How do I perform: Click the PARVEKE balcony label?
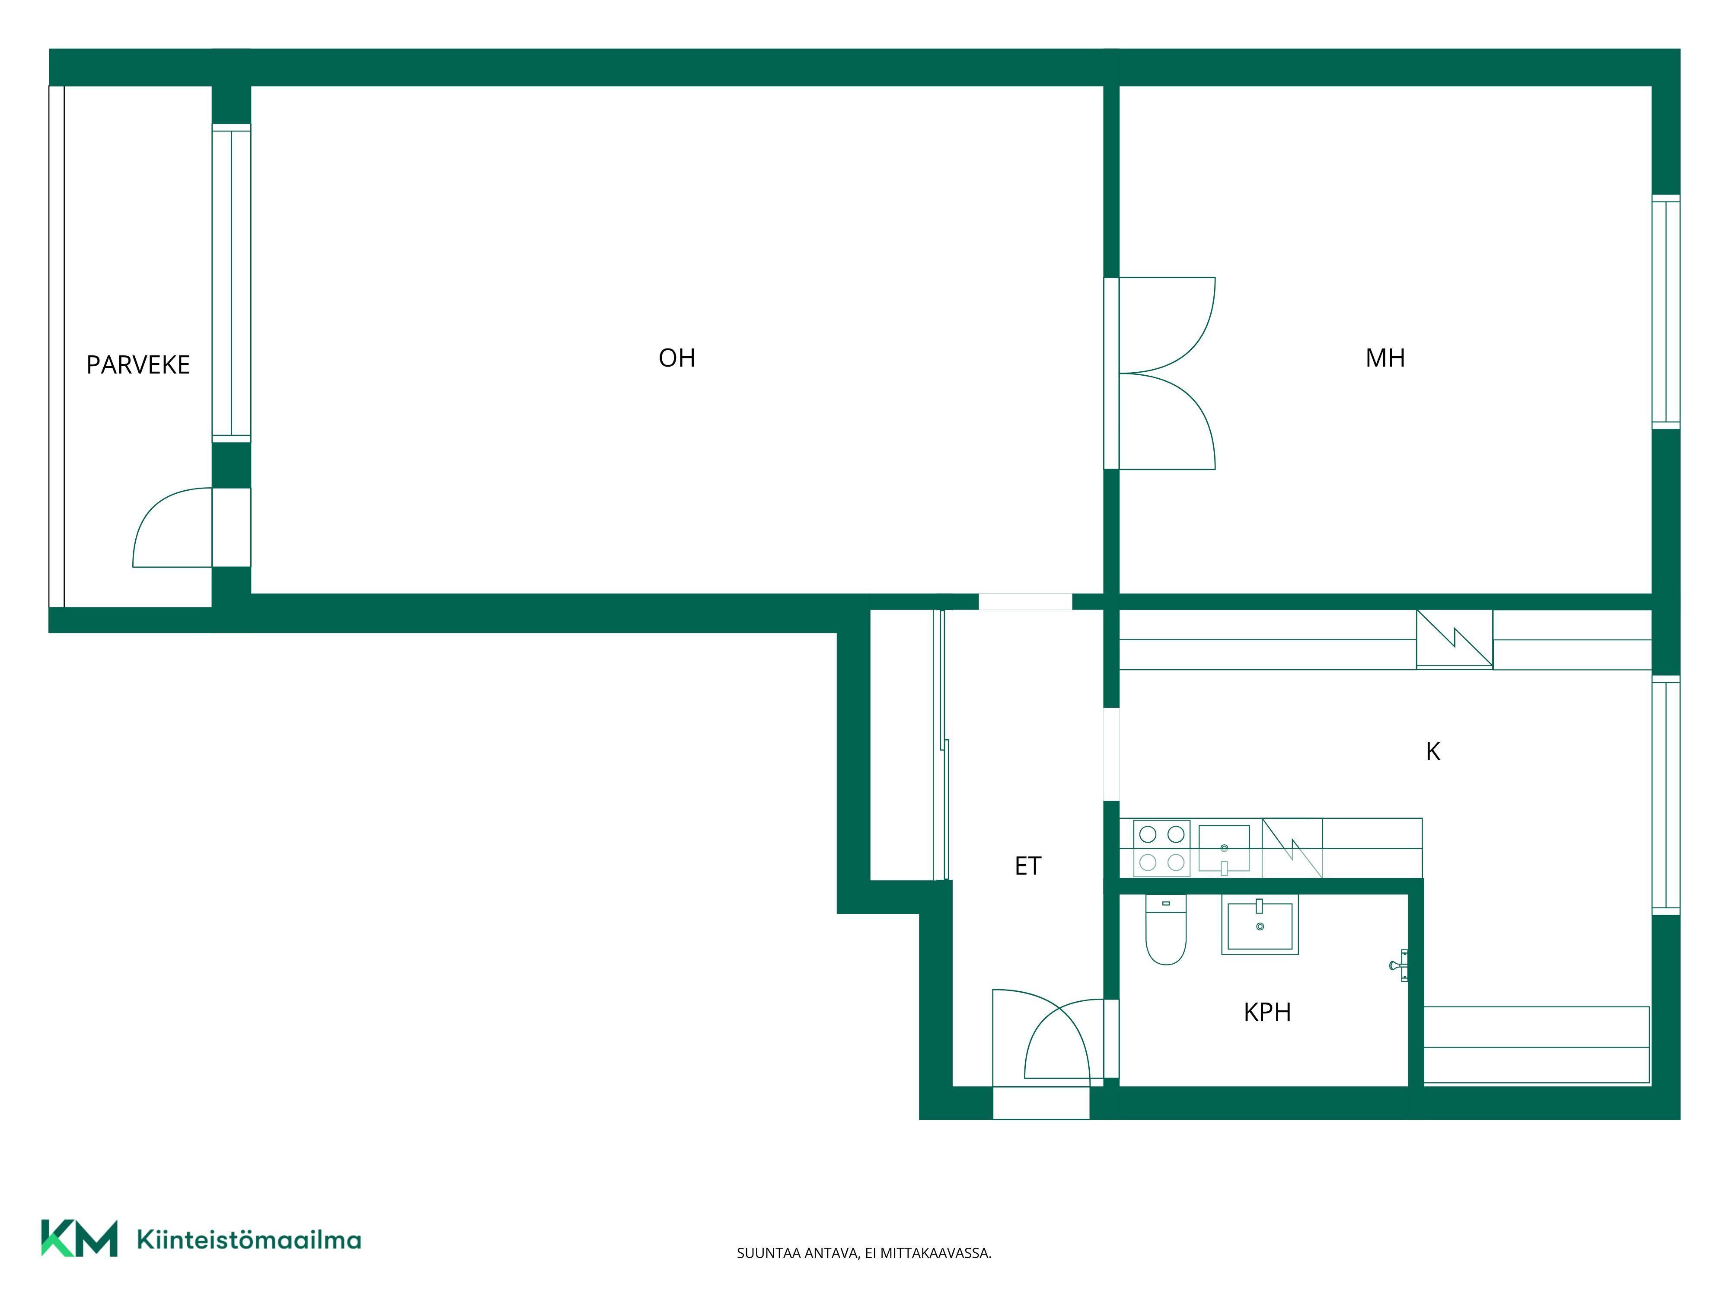click(138, 365)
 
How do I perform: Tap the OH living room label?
click(677, 358)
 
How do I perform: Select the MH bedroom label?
click(1385, 358)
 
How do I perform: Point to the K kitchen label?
click(1433, 751)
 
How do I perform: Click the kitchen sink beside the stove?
click(1224, 848)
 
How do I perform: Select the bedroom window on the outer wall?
click(1666, 311)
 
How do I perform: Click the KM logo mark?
click(79, 1238)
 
